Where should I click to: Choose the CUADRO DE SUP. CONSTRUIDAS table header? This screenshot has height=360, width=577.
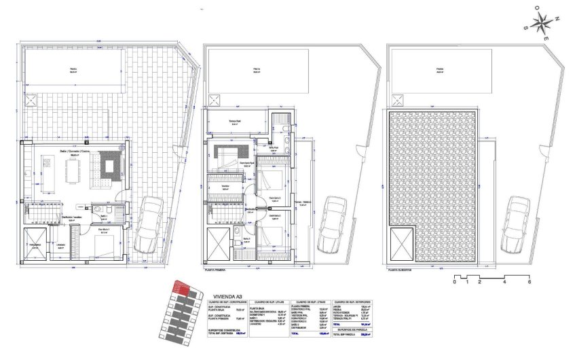point(226,302)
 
